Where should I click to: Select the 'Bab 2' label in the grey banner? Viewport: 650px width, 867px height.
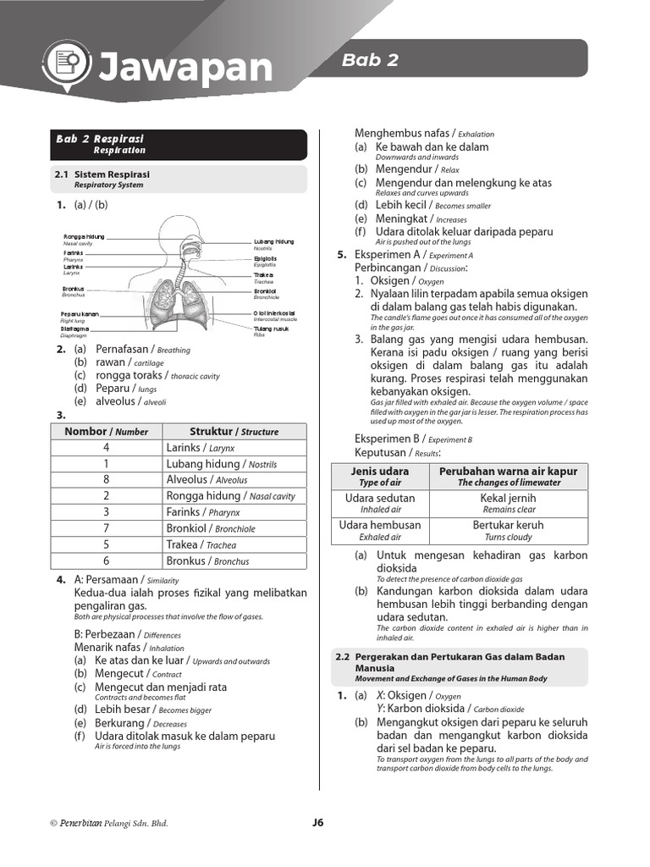370,60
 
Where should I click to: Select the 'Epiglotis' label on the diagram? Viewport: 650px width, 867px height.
265,259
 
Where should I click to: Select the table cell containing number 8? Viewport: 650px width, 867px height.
106,479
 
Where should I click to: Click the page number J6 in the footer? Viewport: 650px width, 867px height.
318,822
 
